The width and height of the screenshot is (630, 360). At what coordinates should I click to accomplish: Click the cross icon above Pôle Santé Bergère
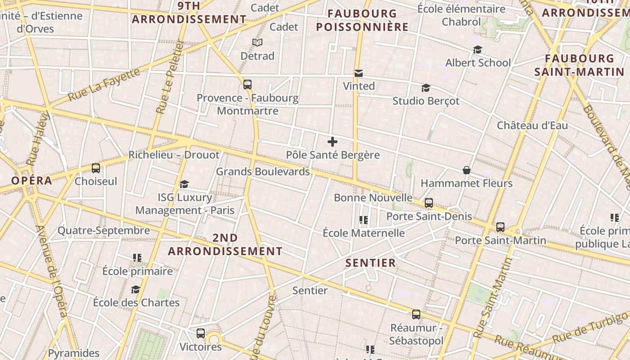333,142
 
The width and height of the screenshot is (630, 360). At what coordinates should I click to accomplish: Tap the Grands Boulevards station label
263,171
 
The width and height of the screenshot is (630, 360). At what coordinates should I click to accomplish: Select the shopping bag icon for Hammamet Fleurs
467,170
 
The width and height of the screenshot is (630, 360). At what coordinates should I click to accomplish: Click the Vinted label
359,86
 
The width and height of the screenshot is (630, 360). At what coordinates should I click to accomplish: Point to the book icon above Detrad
257,43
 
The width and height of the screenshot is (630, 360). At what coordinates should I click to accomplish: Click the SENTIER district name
370,263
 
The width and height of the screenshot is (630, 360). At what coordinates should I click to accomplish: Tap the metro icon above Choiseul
96,168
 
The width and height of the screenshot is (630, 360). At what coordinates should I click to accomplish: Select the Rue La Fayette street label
104,84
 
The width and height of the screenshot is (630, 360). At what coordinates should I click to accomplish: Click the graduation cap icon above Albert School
477,49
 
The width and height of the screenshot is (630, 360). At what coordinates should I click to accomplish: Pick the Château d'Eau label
532,126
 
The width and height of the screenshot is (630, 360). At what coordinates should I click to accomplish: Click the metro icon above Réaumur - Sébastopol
416,314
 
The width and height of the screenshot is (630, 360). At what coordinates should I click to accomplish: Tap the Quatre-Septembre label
103,231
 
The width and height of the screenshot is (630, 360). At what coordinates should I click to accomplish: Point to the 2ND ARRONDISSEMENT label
225,244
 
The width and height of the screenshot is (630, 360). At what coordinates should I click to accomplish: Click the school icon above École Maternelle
364,220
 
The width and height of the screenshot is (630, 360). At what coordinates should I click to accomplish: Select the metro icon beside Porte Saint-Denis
429,203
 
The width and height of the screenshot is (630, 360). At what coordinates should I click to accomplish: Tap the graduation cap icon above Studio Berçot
426,88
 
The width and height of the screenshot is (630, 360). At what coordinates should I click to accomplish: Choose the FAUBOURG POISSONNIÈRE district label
362,20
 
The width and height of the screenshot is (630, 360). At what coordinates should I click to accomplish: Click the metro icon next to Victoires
201,333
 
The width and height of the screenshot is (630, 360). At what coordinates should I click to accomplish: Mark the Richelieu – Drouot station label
174,155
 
